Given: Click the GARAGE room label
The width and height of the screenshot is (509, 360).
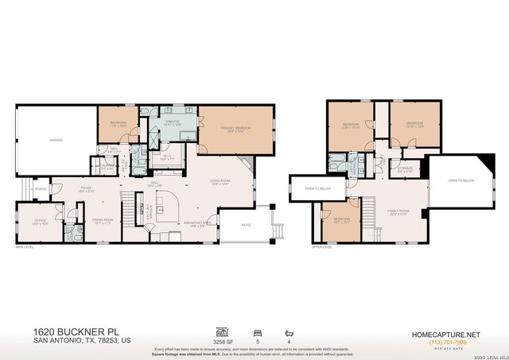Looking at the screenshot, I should (56, 139).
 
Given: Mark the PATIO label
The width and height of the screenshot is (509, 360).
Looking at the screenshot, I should (246, 225).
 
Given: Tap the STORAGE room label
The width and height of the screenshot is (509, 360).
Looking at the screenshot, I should (406, 168).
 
